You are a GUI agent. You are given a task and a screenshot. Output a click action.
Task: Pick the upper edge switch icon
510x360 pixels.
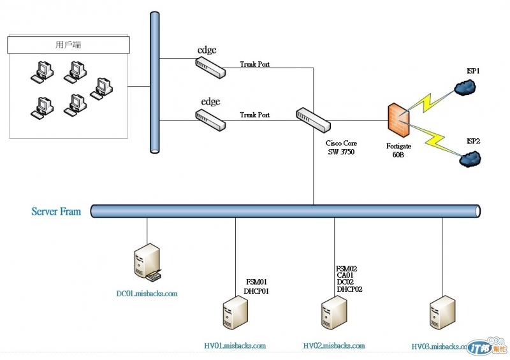tap(210, 66)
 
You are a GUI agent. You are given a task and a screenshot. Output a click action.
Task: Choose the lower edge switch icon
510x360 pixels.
tap(210, 120)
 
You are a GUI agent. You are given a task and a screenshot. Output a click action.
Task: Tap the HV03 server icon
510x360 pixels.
tap(442, 313)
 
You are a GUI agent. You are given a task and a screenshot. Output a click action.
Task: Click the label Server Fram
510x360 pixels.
tap(56, 211)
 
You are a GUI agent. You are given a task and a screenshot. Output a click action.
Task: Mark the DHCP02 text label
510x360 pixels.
tap(349, 289)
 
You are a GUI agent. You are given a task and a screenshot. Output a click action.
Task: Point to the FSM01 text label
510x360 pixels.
tap(257, 282)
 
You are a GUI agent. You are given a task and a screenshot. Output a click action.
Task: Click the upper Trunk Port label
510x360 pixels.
tap(255, 64)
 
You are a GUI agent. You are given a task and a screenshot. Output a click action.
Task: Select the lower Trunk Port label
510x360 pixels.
tap(255, 115)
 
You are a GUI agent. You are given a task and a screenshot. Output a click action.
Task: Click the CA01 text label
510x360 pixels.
tap(346, 275)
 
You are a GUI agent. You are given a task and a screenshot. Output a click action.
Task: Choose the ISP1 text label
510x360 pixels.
tap(472, 72)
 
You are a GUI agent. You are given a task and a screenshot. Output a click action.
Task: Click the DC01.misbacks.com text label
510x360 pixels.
tap(147, 294)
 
